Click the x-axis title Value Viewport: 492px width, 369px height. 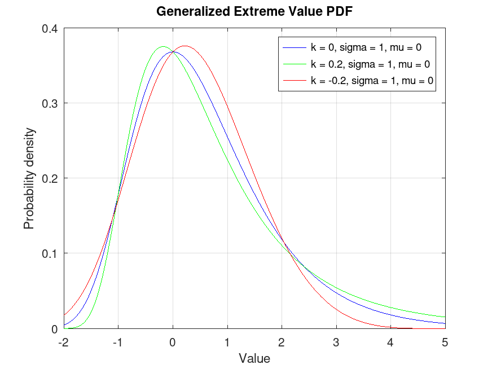[254, 358]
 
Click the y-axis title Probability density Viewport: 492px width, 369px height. [29, 178]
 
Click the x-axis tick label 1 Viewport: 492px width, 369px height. [227, 342]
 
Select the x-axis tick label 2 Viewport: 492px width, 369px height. [282, 342]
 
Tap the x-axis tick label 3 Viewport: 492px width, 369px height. [336, 342]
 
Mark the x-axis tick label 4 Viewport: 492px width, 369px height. [391, 342]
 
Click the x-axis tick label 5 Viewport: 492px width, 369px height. [445, 342]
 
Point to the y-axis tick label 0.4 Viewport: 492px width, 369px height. [50, 28]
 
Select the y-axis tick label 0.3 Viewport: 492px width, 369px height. [50, 103]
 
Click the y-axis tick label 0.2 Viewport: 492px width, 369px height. [50, 178]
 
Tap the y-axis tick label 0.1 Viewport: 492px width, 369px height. [50, 253]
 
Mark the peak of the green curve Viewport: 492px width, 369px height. [163, 47]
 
